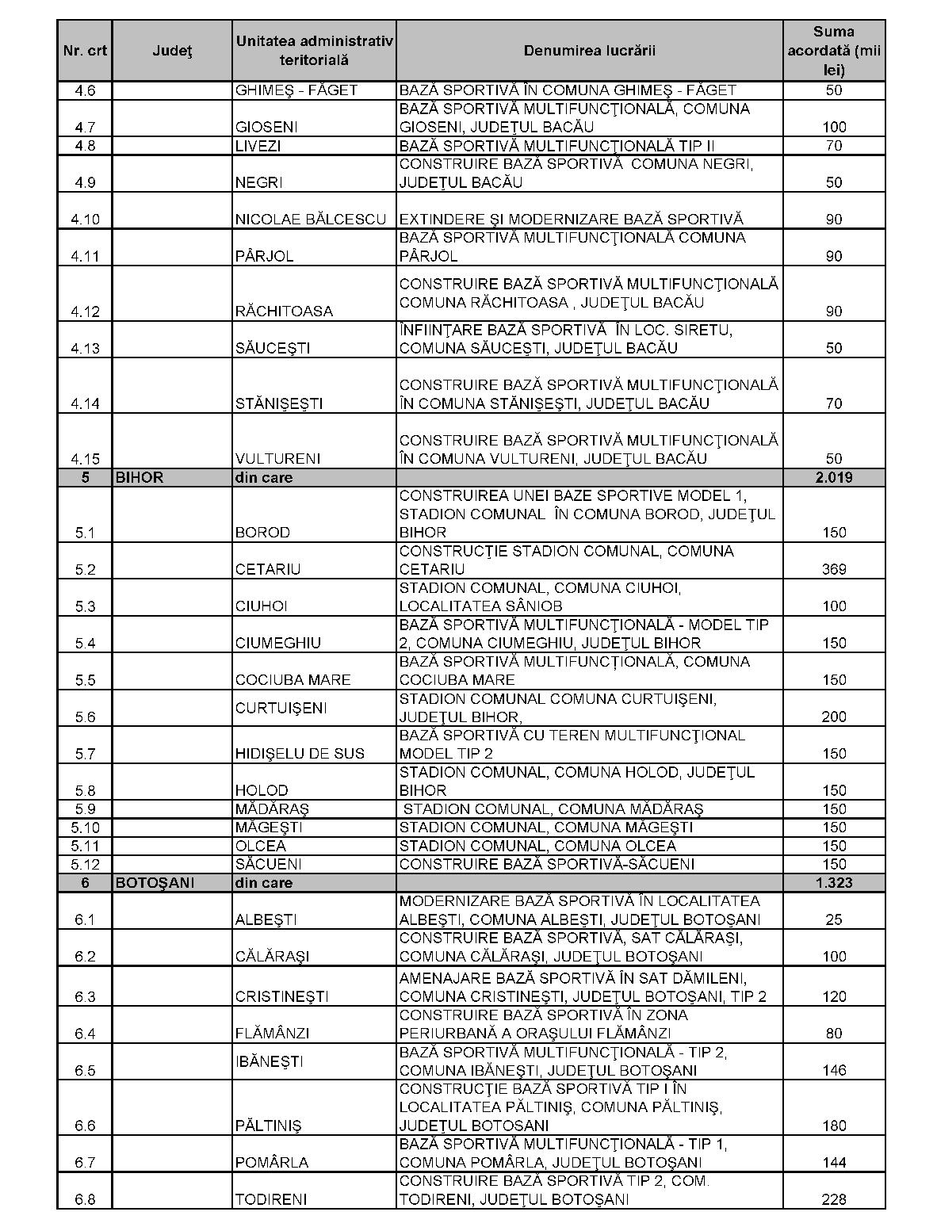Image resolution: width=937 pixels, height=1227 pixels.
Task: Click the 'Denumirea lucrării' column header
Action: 589,51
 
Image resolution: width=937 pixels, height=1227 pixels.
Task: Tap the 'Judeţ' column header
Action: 172,51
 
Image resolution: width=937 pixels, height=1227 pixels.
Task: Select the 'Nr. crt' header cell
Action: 85,51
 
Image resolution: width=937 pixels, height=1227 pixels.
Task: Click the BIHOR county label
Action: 140,477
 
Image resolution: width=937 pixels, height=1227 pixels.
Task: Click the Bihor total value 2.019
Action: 834,477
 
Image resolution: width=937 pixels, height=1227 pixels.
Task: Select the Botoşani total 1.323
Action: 834,882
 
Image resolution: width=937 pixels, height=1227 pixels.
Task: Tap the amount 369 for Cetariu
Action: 834,569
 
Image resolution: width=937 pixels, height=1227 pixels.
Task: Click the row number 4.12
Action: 85,311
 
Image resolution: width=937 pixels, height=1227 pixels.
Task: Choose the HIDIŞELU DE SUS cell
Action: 300,753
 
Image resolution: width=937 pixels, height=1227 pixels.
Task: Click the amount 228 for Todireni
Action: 834,1199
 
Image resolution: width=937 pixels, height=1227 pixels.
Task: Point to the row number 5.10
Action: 85,828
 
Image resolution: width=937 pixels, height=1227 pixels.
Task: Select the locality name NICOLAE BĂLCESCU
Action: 311,219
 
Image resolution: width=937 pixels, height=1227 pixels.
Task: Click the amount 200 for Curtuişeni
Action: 834,717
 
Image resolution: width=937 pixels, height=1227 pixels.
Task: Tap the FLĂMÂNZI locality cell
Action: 272,1033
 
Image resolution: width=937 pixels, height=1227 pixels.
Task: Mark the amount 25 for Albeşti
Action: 834,919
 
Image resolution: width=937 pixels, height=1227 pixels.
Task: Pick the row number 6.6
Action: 85,1126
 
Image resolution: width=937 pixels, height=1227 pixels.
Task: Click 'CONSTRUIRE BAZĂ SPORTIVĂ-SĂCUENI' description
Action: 547,864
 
